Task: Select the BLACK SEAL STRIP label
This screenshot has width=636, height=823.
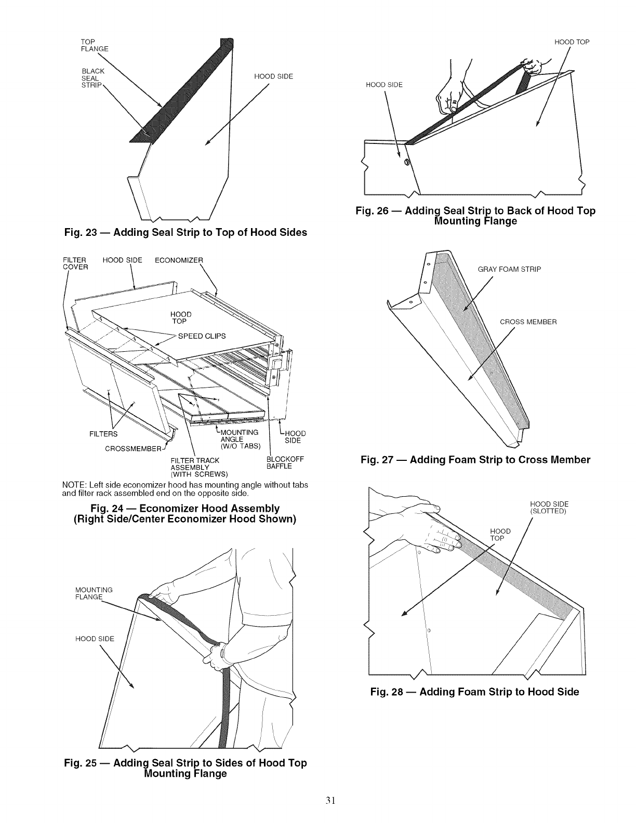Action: pyautogui.click(x=94, y=78)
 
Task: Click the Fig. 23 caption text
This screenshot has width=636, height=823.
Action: pyautogui.click(x=185, y=232)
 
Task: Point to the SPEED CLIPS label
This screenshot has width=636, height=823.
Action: pyautogui.click(x=202, y=336)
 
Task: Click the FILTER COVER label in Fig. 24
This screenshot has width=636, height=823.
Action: pyautogui.click(x=75, y=263)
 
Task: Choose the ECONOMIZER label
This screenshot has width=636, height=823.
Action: pyautogui.click(x=180, y=260)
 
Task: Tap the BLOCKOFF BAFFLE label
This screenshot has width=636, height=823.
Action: pyautogui.click(x=284, y=463)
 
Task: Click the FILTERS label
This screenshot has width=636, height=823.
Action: pyautogui.click(x=103, y=434)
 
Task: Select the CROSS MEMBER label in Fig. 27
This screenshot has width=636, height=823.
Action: pyautogui.click(x=528, y=322)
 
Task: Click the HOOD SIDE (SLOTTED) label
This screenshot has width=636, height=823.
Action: pyautogui.click(x=549, y=507)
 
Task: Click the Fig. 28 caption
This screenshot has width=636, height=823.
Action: pyautogui.click(x=474, y=692)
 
